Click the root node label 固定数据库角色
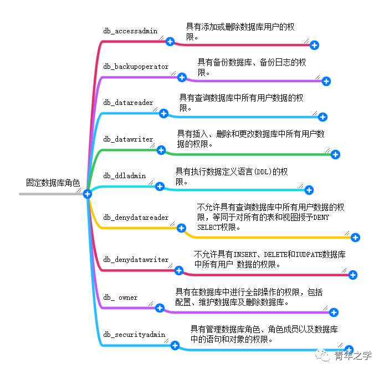point(53,183)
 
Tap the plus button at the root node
point(87,194)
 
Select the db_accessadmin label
point(131,32)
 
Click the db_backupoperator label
point(136,67)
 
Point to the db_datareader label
point(128,103)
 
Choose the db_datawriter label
point(128,139)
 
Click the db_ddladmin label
point(125,176)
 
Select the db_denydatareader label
point(136,218)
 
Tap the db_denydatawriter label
point(136,260)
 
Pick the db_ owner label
point(120,298)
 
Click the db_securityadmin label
point(135,335)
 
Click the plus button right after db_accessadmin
point(170,42)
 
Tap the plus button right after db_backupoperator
point(182,77)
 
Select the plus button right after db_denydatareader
point(181,228)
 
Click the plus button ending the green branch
point(335,155)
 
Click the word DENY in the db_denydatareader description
point(321,218)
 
